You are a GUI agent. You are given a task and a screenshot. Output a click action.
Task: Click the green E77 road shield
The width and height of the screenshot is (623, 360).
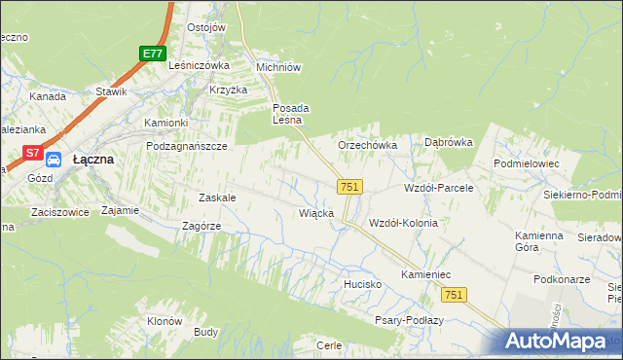point(151,54)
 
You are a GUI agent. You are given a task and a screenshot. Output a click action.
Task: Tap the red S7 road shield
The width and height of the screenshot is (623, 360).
point(33,153)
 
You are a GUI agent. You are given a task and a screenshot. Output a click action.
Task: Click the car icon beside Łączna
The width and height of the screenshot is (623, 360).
point(55,160)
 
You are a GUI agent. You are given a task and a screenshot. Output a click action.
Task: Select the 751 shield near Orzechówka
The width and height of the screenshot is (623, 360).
point(350,186)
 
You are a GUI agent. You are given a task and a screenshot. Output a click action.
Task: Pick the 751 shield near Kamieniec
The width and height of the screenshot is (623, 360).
point(453,294)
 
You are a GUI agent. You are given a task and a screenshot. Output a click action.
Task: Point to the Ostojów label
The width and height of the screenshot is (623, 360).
point(205,27)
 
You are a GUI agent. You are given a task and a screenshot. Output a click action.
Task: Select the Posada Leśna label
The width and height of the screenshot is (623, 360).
point(290,114)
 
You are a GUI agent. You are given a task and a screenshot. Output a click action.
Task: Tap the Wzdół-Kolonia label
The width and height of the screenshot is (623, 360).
point(403,223)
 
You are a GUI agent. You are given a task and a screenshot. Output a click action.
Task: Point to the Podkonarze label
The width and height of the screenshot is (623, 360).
point(563,279)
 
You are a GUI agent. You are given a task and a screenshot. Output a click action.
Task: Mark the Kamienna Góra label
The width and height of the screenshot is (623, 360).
point(539,241)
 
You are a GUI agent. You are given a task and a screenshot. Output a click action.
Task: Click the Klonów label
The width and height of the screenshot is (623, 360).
point(165,321)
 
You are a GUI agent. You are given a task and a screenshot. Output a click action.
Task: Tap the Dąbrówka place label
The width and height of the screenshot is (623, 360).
point(448,142)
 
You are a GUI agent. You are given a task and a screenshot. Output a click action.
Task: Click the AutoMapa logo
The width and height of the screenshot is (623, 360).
point(559,341)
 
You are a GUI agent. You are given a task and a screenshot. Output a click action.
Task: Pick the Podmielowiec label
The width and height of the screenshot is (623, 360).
point(526,164)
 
